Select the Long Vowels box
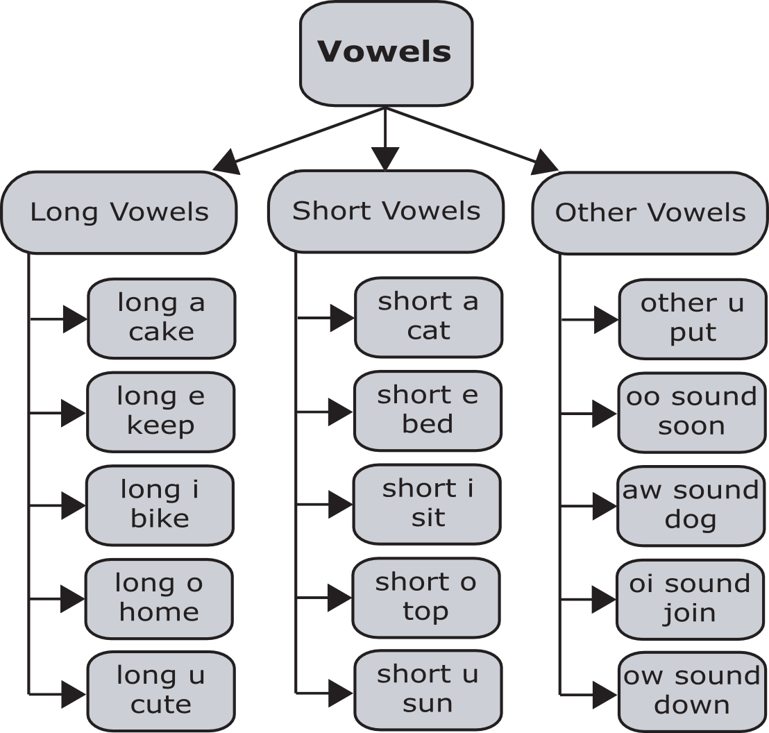click(x=119, y=212)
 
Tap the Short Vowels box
click(x=386, y=211)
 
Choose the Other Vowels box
click(x=650, y=212)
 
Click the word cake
click(x=161, y=332)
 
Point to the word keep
click(x=160, y=426)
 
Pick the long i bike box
click(x=160, y=505)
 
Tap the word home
click(x=159, y=612)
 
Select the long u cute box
click(x=160, y=691)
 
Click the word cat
click(x=428, y=330)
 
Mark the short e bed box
click(x=428, y=410)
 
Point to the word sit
click(x=428, y=518)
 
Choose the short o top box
click(x=426, y=598)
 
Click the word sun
click(x=428, y=704)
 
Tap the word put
click(x=693, y=333)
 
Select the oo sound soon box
click(x=691, y=412)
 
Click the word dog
click(x=691, y=519)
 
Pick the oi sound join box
click(x=690, y=599)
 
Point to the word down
click(x=692, y=705)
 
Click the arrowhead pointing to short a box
click(x=341, y=319)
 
